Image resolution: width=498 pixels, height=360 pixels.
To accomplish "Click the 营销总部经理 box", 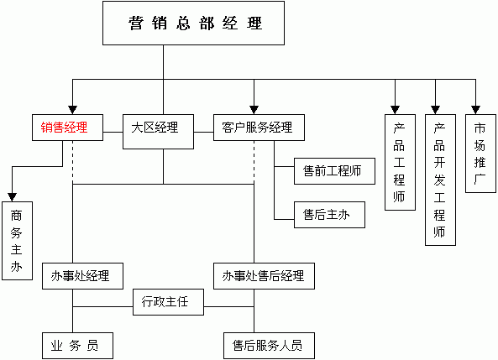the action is [193, 23].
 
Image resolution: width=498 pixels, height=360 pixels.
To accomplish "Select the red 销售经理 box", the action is [67, 128].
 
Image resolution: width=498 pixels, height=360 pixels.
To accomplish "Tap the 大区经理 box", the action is [158, 132].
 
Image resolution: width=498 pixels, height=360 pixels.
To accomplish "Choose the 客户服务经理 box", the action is [259, 128].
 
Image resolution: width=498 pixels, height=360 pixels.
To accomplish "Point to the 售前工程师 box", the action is [334, 171].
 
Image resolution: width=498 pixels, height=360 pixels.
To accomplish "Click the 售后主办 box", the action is [329, 215].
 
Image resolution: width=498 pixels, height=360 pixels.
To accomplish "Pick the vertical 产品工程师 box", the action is [400, 162].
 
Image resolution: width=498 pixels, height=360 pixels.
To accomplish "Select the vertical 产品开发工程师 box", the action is [440, 180].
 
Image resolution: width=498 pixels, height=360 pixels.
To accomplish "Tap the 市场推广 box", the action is [480, 154].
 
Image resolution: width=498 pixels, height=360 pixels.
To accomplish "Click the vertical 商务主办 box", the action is [17, 241].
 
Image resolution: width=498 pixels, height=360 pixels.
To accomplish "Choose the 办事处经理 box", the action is [82, 276].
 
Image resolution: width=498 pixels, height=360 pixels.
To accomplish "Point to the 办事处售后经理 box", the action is [264, 276].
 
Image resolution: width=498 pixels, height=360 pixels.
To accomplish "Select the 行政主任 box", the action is [168, 302].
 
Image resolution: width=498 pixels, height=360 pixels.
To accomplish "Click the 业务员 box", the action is [77, 346].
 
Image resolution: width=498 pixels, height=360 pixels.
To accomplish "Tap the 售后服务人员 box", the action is [269, 346].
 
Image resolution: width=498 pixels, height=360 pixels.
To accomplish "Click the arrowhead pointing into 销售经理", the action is [73, 110].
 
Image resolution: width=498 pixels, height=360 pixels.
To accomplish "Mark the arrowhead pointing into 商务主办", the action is [12, 197].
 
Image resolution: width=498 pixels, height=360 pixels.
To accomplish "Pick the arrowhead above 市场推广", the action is [475, 110].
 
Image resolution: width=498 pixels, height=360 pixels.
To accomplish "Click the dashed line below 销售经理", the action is [73, 162].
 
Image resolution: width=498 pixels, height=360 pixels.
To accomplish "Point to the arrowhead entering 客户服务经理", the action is [254, 110].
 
